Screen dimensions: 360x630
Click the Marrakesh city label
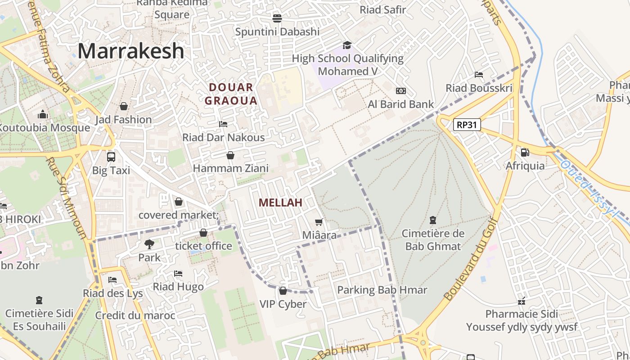[x=131, y=51]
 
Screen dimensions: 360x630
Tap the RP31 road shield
[x=467, y=125]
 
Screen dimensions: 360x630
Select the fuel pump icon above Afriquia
[x=525, y=153]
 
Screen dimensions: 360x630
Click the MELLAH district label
[x=280, y=202]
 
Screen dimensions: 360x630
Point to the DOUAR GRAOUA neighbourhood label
[x=231, y=94]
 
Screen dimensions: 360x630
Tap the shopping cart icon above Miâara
[x=319, y=222]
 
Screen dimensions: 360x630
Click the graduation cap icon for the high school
[x=347, y=45]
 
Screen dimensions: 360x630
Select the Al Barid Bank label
[x=400, y=104]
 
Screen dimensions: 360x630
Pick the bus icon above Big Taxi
[x=111, y=157]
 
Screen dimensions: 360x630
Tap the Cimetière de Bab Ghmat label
[x=433, y=240]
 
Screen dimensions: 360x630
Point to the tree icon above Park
[x=149, y=244]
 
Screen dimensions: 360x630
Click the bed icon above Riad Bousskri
[x=479, y=75]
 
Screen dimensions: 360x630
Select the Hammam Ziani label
[x=230, y=168]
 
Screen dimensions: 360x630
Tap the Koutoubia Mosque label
[x=44, y=127]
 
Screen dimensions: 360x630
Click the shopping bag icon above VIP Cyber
[x=283, y=291]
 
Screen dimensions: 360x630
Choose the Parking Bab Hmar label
[x=382, y=289]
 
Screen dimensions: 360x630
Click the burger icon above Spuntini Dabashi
[x=277, y=18]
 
